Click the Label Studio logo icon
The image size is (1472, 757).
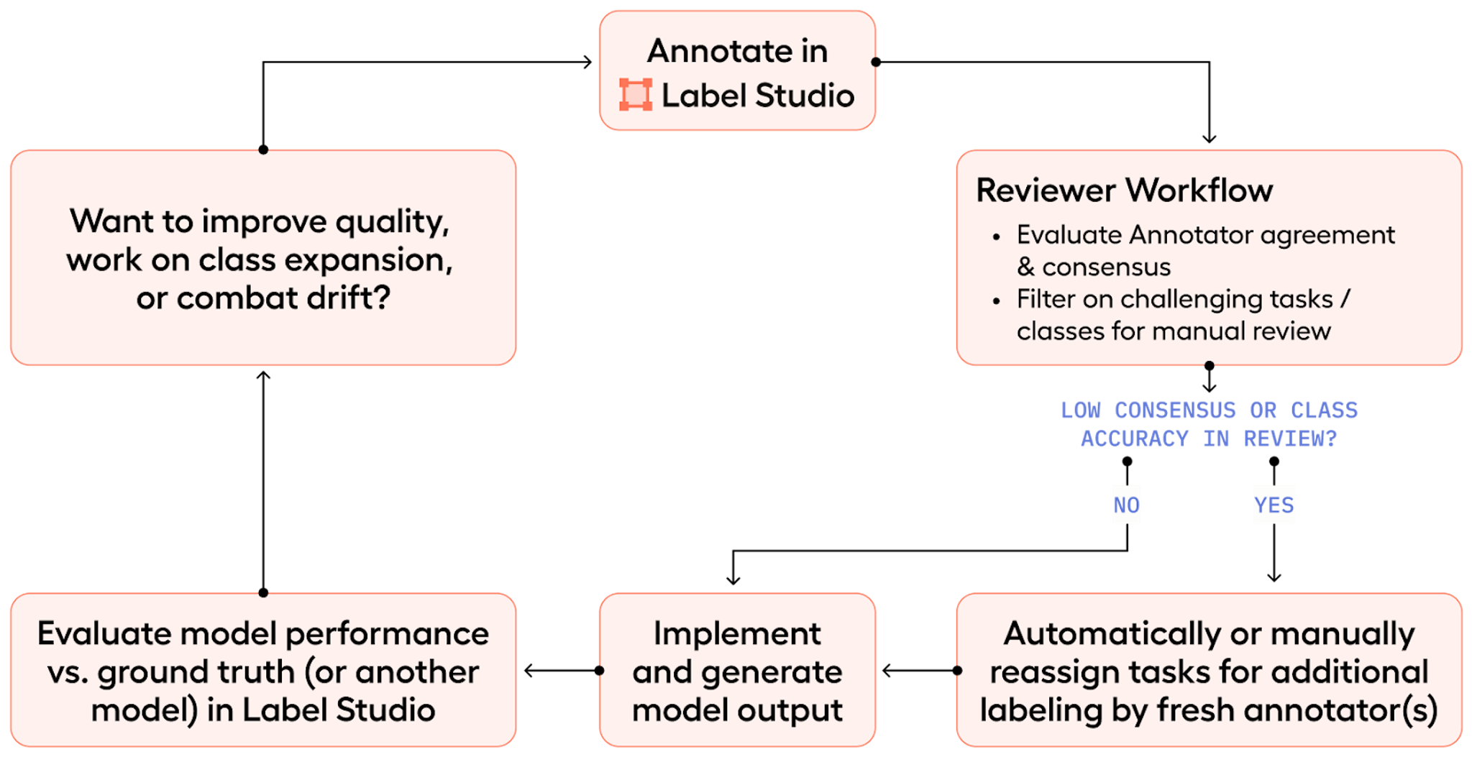click(636, 95)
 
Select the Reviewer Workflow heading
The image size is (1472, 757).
click(1124, 191)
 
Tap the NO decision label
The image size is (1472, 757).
click(1126, 505)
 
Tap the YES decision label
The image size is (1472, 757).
click(1274, 505)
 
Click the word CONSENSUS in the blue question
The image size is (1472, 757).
click(1175, 410)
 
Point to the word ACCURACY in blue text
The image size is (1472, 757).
click(1134, 439)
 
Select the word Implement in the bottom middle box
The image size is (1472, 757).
click(737, 633)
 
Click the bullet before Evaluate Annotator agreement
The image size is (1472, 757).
click(996, 237)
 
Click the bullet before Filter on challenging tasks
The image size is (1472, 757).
click(996, 301)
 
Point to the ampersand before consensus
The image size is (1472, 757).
click(1025, 267)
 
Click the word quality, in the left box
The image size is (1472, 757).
click(393, 222)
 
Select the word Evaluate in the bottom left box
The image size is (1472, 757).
click(104, 633)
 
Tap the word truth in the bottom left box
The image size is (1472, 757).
click(256, 672)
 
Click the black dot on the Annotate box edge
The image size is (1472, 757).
click(874, 62)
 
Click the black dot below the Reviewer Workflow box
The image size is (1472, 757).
click(1209, 365)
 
